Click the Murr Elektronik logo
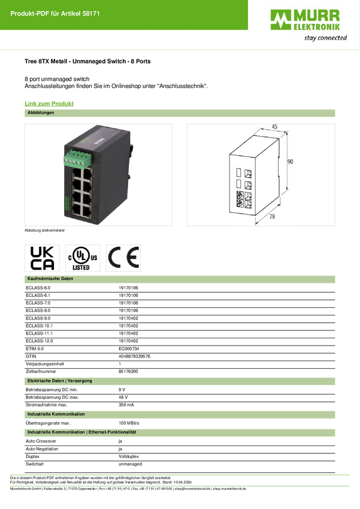coord(305,20)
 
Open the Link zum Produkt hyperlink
coord(49,104)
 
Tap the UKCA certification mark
coord(42,258)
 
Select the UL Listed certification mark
coord(83,258)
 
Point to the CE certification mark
coord(123,258)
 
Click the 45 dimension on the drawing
coord(274,126)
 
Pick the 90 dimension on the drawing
coord(290,161)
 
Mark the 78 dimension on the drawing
coord(272,216)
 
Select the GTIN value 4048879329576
coord(134,356)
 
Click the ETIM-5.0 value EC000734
coord(129,349)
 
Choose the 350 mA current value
coord(126,405)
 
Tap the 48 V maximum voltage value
coord(123,398)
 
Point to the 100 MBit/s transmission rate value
coord(129,423)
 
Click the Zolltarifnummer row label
coord(41,372)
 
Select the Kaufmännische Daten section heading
coord(50,279)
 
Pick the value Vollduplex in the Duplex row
coord(129,457)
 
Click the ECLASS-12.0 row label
coord(40,341)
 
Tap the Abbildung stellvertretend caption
coord(44,231)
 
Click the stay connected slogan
coord(325,38)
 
